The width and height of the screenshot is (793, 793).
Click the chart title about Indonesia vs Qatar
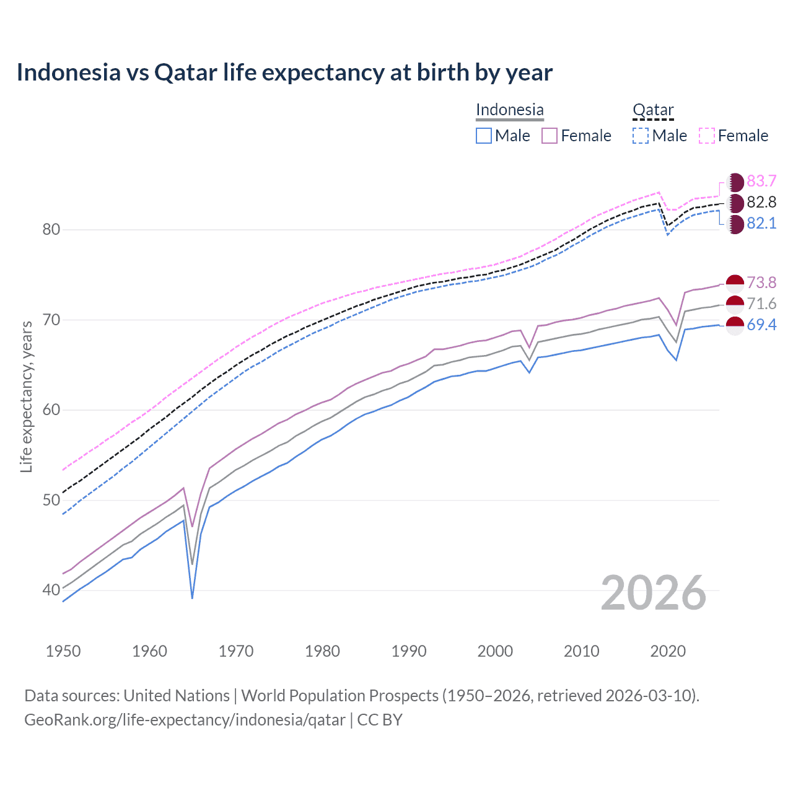(x=284, y=72)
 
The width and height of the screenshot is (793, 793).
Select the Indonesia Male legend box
(x=484, y=136)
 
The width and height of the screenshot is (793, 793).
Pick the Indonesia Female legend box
(x=550, y=136)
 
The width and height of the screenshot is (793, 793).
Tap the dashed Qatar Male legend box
(x=641, y=136)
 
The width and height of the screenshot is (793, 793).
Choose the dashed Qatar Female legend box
(x=707, y=136)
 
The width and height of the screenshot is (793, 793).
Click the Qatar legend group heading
(x=653, y=110)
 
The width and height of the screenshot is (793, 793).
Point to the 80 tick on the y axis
(x=51, y=230)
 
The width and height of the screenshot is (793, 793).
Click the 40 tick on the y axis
(x=51, y=590)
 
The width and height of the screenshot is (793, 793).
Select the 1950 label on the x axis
(x=63, y=651)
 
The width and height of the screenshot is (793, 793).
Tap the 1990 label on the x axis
(x=409, y=651)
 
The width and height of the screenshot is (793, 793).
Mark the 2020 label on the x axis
(x=668, y=651)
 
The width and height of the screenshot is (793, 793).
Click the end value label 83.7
(x=761, y=181)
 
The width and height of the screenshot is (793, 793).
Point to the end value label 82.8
(x=761, y=202)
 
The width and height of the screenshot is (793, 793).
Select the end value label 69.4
(x=761, y=325)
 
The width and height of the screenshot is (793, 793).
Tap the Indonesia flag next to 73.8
(x=735, y=284)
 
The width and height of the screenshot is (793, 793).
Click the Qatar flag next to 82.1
(x=735, y=224)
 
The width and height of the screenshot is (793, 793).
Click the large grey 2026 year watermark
(x=654, y=593)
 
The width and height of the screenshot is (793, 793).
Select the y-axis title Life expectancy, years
(x=27, y=396)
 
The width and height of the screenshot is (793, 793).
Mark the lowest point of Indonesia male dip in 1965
(x=193, y=598)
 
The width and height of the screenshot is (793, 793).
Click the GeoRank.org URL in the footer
(x=185, y=720)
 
